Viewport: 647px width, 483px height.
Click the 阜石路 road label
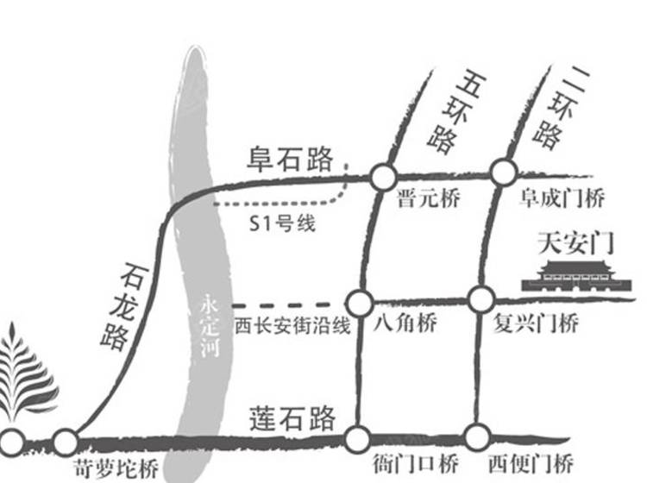coord(291,159)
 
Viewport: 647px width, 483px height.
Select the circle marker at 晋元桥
coord(381,178)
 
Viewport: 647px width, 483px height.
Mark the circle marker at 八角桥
coord(360,303)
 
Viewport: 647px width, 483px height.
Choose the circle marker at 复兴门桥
coord(481,300)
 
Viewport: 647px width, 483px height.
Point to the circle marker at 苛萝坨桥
coord(66,442)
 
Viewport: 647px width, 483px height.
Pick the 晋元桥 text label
coord(429,199)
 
